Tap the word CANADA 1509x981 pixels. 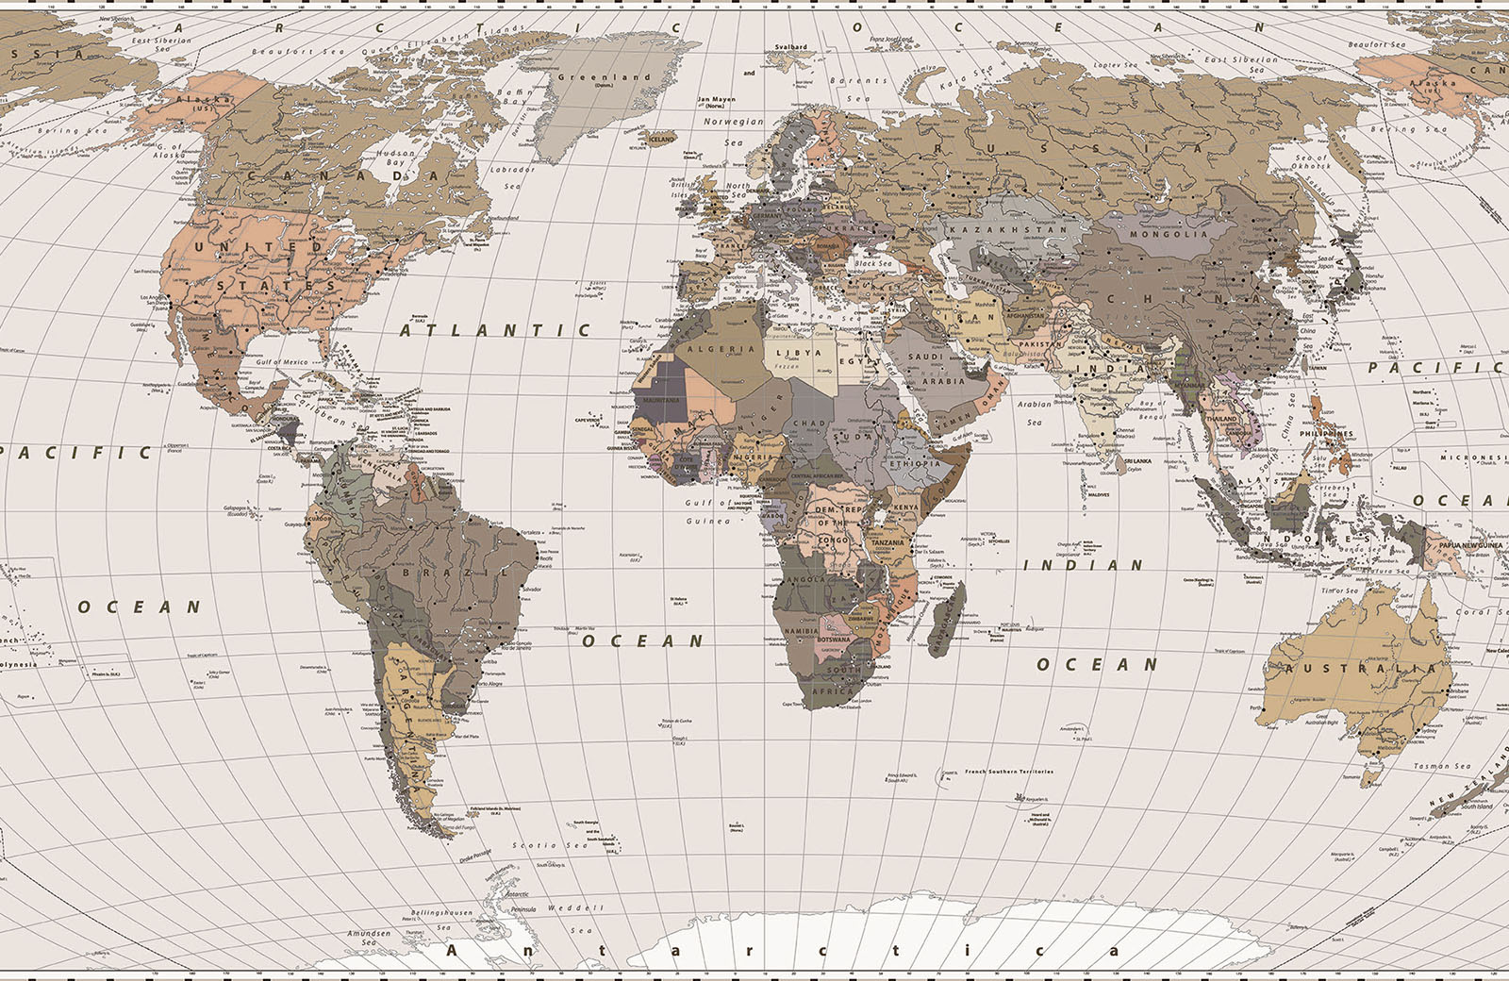pos(344,175)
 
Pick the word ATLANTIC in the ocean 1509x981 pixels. pos(494,330)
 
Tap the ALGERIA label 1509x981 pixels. pos(721,349)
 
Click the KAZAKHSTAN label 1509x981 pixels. pos(1008,229)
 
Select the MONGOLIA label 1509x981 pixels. pos(1170,234)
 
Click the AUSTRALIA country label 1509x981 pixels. pos(1359,669)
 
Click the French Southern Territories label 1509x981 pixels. pos(1008,772)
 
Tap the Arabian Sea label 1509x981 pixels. pos(1035,412)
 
